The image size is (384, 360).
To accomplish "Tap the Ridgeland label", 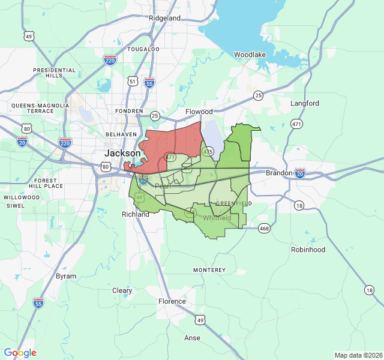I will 164,18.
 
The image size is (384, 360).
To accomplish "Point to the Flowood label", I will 199,112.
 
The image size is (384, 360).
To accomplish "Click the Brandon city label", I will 280,173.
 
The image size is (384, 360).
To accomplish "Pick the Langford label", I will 305,103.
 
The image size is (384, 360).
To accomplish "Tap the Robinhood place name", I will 308,250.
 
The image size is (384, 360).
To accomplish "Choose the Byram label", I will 66,276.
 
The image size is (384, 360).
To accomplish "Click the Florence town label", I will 172,301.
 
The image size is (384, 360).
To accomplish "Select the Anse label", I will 193,338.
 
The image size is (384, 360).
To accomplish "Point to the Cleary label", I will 122,290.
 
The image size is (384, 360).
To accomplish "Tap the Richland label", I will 136,214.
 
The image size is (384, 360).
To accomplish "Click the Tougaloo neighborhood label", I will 143,49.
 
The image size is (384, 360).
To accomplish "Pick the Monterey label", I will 209,271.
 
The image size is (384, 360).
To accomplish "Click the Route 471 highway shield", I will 296,124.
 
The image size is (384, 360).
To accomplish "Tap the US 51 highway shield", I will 133,80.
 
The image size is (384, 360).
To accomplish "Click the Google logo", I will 20,353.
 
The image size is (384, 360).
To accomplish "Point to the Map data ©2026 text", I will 358,355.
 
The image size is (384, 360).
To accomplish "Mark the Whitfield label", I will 217,218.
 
